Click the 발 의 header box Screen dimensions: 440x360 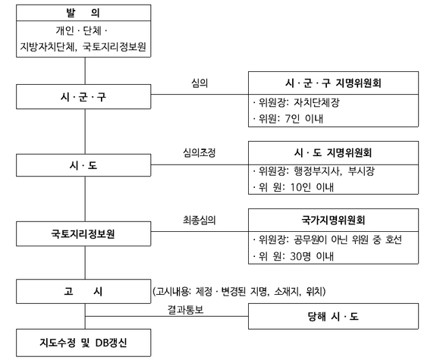tap(83, 13)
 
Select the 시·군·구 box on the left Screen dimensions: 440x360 tap(83, 97)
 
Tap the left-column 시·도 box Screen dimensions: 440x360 tap(83, 165)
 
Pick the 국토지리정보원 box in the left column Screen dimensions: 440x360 tap(83, 234)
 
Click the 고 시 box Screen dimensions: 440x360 tap(83, 291)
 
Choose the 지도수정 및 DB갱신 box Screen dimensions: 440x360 tap(83, 343)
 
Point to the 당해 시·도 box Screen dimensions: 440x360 tap(333, 316)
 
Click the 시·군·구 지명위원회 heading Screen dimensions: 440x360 tap(333, 83)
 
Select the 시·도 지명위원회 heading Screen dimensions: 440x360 tap(333, 153)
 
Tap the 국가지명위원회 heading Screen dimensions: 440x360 tap(333, 220)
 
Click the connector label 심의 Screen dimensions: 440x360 tap(200, 83)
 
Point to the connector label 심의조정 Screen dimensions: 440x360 tap(200, 153)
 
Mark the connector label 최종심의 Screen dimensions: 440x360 tap(200, 220)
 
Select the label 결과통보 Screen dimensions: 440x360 tap(186, 309)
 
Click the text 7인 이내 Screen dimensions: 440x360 tap(304, 119)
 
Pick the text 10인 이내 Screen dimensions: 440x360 tap(312, 187)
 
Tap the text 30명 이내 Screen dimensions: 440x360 tap(312, 256)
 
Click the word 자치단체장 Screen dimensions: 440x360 tap(316, 102)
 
